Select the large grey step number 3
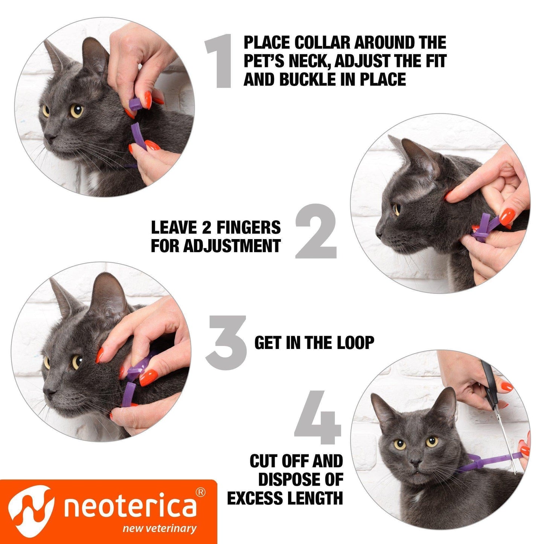[226, 342]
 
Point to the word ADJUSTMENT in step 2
[232, 246]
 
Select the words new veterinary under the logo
[160, 528]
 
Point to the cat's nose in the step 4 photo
[415, 462]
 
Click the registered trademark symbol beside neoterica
[201, 492]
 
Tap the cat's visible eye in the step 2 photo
[396, 209]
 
